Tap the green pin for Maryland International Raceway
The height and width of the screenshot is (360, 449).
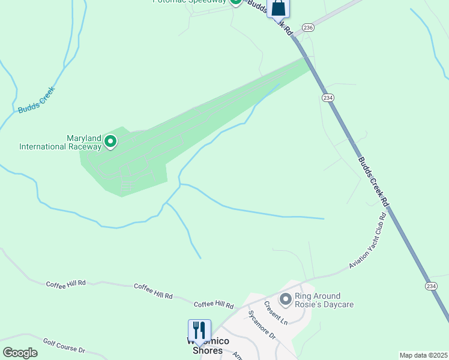coord(110,142)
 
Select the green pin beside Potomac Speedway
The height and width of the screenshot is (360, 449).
coord(236,2)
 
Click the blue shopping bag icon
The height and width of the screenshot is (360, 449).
coord(279,8)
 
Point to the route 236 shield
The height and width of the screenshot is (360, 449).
coord(308,28)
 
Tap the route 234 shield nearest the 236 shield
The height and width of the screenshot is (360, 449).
coord(328,98)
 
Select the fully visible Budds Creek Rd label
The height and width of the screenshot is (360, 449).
coord(373,182)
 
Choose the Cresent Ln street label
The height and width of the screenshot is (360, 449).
coord(275,313)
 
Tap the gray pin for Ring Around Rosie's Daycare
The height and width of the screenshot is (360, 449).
coord(285,298)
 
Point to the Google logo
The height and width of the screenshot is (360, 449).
coord(20,353)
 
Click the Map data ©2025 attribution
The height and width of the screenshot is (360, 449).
coord(423,355)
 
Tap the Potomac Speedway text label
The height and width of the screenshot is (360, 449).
coord(190,1)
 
